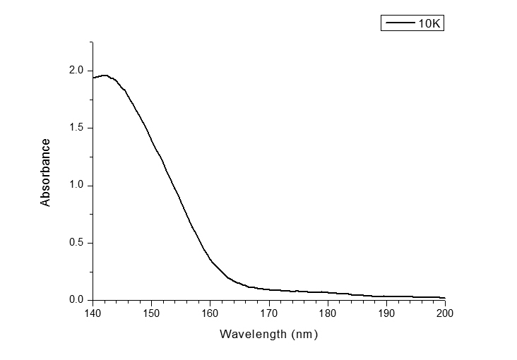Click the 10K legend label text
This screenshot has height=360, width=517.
[x=429, y=23]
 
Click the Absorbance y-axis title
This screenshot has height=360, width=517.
[x=46, y=173]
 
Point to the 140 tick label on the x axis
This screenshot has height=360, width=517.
[x=93, y=313]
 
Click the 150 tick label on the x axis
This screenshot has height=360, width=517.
[x=151, y=313]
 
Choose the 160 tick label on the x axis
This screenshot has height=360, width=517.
[x=210, y=313]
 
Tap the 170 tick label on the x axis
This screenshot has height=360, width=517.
[x=268, y=313]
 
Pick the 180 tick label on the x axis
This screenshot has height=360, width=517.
[x=328, y=313]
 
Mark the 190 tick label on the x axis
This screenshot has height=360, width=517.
[x=386, y=313]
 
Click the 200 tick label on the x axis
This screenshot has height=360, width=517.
[x=445, y=313]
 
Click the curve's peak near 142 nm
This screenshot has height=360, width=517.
[x=105, y=75]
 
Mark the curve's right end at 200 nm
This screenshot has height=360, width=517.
[x=445, y=298]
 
